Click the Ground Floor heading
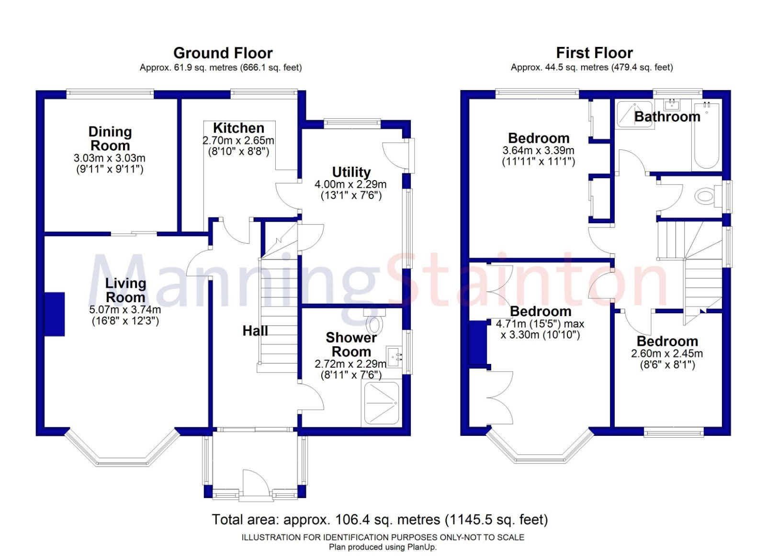[223, 53]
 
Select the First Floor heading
[594, 53]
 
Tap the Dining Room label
[110, 138]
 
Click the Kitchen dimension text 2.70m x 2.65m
[238, 141]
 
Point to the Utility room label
[351, 172]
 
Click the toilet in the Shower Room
[375, 325]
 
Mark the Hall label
[255, 330]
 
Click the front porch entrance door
[254, 485]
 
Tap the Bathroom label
[667, 116]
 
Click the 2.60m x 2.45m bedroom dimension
[667, 353]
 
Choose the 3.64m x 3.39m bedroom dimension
[538, 150]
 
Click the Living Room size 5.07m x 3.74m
[125, 310]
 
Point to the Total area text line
[380, 519]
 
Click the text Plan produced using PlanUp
[383, 547]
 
